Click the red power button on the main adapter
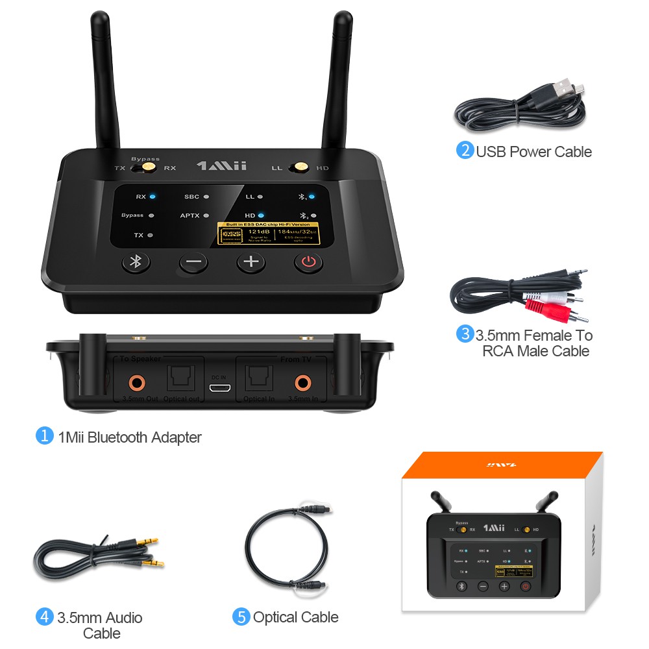[x=309, y=262]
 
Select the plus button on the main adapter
[x=251, y=262]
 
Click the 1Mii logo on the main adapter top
[x=221, y=166]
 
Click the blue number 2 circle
[x=465, y=151]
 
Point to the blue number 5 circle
[x=241, y=617]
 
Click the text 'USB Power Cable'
[x=533, y=152]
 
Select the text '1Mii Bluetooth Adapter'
[x=129, y=437]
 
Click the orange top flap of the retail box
[x=502, y=465]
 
